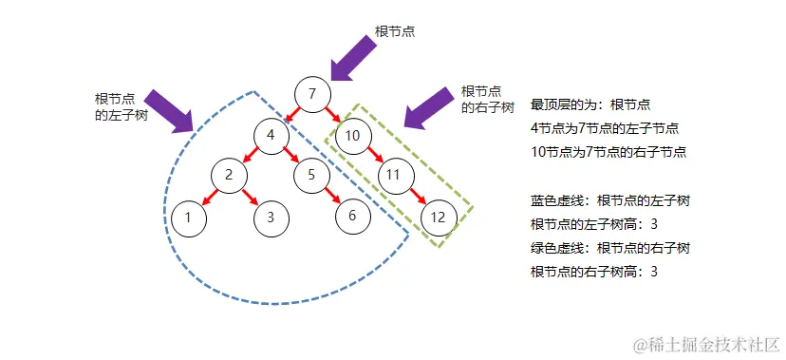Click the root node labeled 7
pyautogui.click(x=312, y=94)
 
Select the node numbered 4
pyautogui.click(x=271, y=135)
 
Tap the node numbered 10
pyautogui.click(x=352, y=135)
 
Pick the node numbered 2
pyautogui.click(x=229, y=175)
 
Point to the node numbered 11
pyautogui.click(x=395, y=175)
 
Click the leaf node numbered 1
pyautogui.click(x=189, y=217)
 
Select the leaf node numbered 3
pyautogui.click(x=271, y=217)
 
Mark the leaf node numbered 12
pyautogui.click(x=438, y=217)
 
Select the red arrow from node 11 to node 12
pyautogui.click(x=416, y=196)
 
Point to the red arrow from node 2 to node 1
pyautogui.click(x=209, y=196)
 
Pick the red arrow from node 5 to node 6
pyautogui.click(x=331, y=195)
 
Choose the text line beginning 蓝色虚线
pyautogui.click(x=609, y=200)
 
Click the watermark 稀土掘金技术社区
pyautogui.click(x=707, y=342)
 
